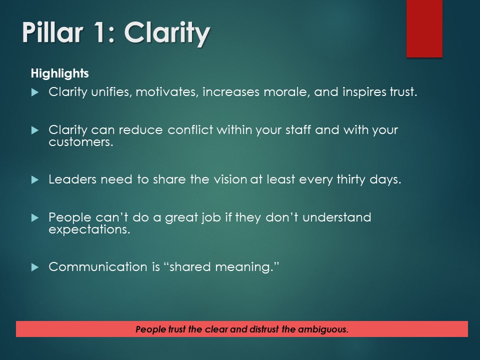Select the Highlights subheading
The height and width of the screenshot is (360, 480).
click(59, 73)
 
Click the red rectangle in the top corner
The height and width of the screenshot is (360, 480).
click(424, 28)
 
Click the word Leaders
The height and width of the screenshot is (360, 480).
click(72, 179)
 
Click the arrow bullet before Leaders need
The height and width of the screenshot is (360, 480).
click(34, 180)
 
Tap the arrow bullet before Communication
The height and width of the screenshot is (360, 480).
click(34, 267)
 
